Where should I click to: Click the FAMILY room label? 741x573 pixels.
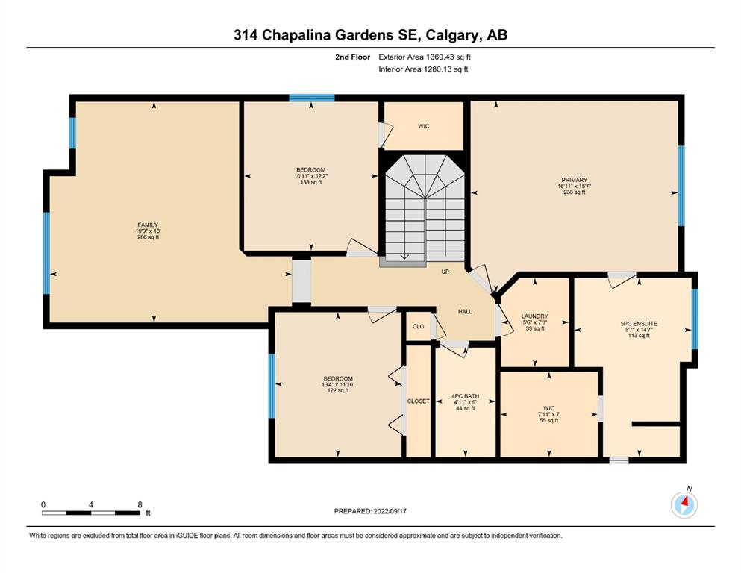(148, 225)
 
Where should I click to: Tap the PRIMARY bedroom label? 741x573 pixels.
(574, 180)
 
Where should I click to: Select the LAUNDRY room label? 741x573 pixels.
(535, 316)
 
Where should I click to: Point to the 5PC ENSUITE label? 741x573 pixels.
(639, 324)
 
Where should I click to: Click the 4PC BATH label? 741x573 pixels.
(466, 396)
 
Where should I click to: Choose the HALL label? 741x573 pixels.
(465, 311)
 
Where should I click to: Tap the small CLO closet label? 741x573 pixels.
(418, 327)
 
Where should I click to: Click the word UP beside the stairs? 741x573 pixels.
(445, 272)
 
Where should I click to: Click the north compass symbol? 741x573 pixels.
(684, 504)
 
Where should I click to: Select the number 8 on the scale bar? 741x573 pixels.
(140, 504)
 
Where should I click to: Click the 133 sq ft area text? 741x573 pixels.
(311, 182)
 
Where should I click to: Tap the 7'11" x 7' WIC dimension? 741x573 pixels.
(549, 414)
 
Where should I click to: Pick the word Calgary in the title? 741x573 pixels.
(453, 35)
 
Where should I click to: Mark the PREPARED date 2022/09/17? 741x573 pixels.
(390, 511)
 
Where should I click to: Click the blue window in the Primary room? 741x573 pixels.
(681, 186)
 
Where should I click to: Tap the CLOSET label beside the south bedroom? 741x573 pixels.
(418, 401)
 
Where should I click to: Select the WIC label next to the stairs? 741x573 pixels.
(423, 126)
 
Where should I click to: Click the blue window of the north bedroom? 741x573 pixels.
(312, 98)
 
